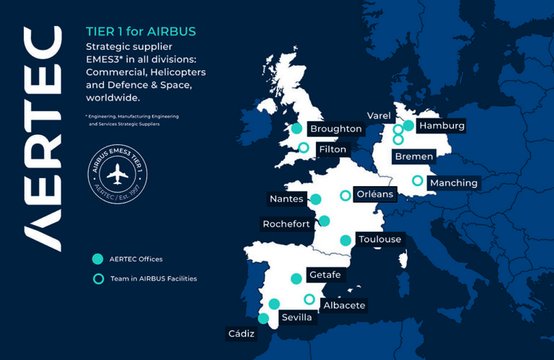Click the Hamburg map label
(x=441, y=126)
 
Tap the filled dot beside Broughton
(x=295, y=129)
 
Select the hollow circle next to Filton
(x=304, y=148)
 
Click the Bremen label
(x=414, y=156)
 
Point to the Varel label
(x=379, y=115)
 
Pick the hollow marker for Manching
(x=417, y=181)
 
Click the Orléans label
(x=375, y=194)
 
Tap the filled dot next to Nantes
(x=315, y=199)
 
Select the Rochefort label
(x=286, y=224)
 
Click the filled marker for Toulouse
(x=346, y=240)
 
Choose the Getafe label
(x=324, y=275)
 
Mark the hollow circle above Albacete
(x=309, y=299)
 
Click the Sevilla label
(x=296, y=317)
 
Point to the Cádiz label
(x=241, y=333)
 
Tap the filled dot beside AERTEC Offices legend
(x=97, y=259)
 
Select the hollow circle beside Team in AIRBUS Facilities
(x=97, y=278)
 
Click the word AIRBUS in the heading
(x=172, y=32)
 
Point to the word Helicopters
(x=177, y=72)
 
